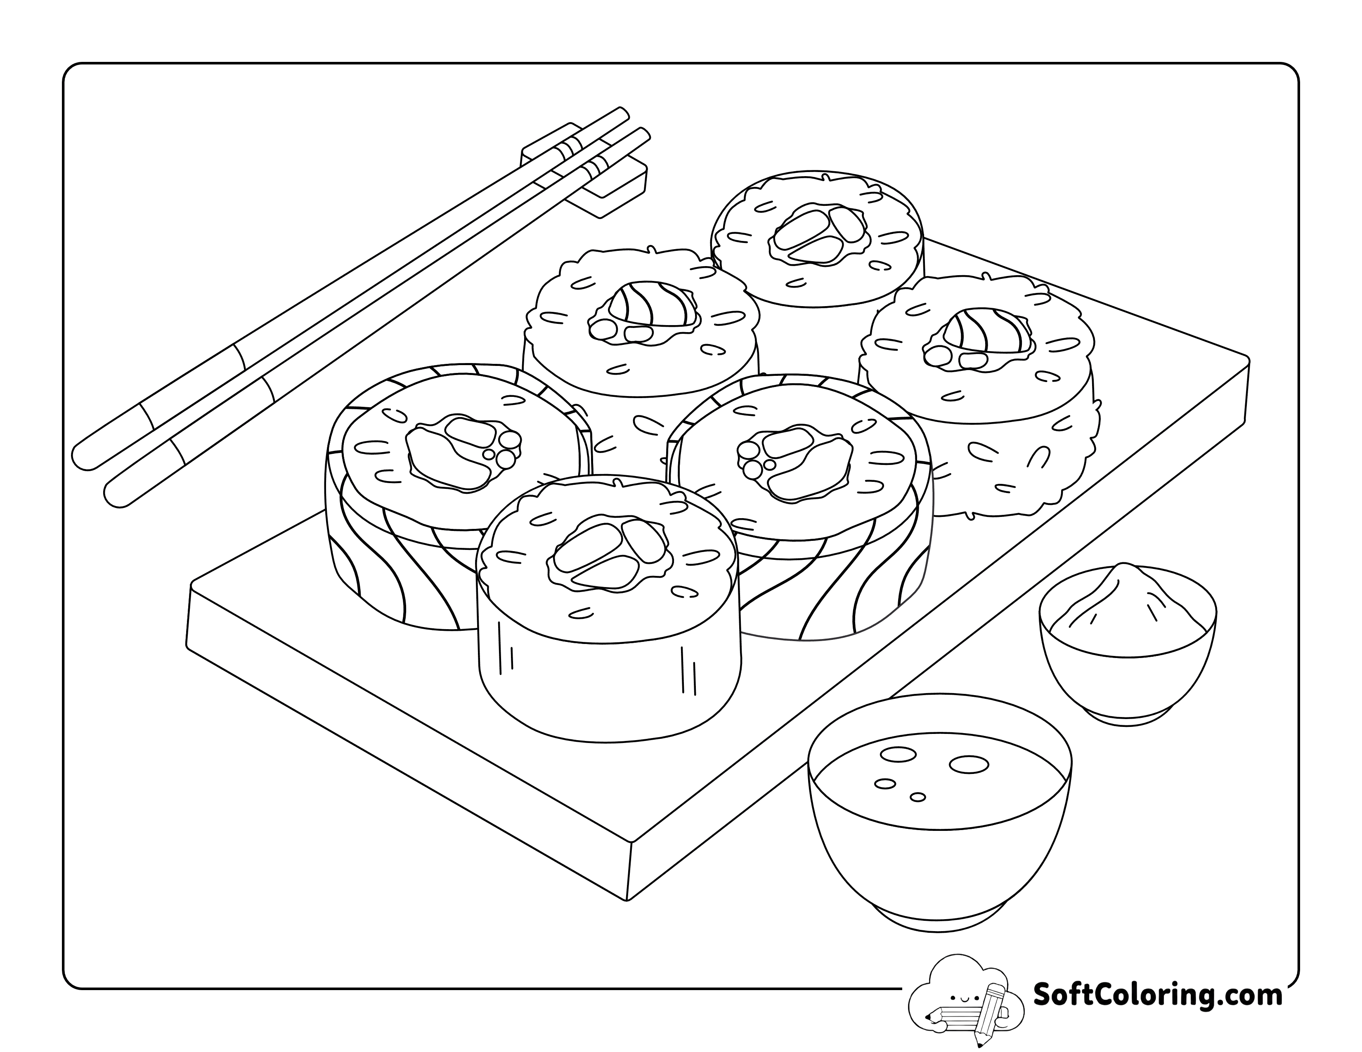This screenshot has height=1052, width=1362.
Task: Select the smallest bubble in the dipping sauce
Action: point(917,797)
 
